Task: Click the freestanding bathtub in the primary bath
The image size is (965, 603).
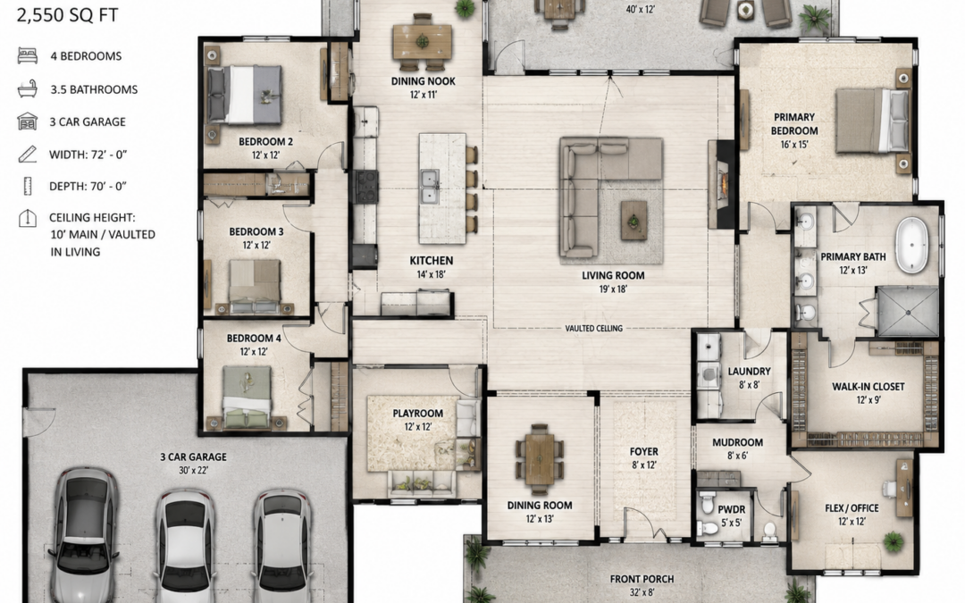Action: tap(911, 245)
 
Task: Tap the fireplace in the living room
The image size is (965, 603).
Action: tap(721, 184)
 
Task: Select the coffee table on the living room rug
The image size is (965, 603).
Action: tap(634, 220)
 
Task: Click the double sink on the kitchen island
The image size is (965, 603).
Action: tap(430, 187)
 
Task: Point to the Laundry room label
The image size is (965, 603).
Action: tap(749, 371)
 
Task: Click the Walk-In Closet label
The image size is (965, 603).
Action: tap(868, 387)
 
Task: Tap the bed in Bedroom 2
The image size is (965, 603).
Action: tap(244, 94)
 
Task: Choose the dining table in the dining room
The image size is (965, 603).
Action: tap(540, 458)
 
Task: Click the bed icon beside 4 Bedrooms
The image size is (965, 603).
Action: tap(28, 55)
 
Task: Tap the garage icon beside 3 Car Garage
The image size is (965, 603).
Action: tap(28, 121)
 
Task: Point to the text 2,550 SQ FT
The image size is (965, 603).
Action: tap(67, 15)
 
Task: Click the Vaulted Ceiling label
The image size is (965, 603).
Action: tap(594, 328)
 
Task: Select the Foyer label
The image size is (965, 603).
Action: tap(643, 451)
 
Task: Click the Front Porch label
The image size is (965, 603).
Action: tap(642, 579)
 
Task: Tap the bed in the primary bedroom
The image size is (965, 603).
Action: tap(872, 120)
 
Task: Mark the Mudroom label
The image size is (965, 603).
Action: tap(737, 442)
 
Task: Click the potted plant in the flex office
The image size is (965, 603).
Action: tap(893, 542)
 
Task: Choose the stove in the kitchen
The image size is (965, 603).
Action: tap(365, 187)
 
